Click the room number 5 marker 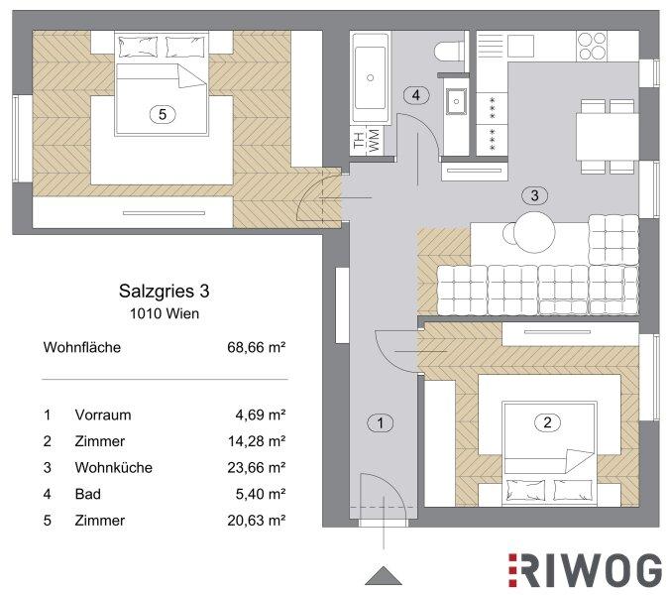pyautogui.click(x=163, y=114)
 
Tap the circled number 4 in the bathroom pyautogui.click(x=416, y=95)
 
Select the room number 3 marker pyautogui.click(x=534, y=195)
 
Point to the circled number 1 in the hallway pyautogui.click(x=381, y=423)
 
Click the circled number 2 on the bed pyautogui.click(x=547, y=422)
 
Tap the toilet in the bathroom pyautogui.click(x=449, y=51)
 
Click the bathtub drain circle pyautogui.click(x=371, y=77)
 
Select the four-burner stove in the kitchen pyautogui.click(x=593, y=46)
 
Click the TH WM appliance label pyautogui.click(x=367, y=140)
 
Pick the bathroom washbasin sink pyautogui.click(x=456, y=101)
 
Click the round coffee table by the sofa pyautogui.click(x=534, y=233)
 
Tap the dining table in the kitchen pyautogui.click(x=608, y=137)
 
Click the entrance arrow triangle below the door pyautogui.click(x=384, y=576)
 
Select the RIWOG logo pyautogui.click(x=585, y=570)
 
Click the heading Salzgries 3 pyautogui.click(x=165, y=292)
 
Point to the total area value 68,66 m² pyautogui.click(x=257, y=347)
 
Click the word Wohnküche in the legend pyautogui.click(x=114, y=468)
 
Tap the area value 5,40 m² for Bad pyautogui.click(x=261, y=494)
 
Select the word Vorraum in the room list pyautogui.click(x=103, y=415)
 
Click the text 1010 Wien pyautogui.click(x=165, y=313)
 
